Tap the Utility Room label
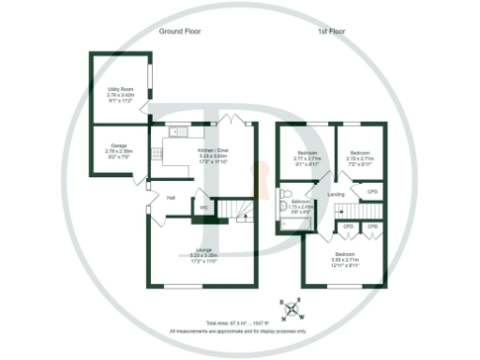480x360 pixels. point(121,92)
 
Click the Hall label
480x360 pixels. point(172,198)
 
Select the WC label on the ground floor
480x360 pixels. point(202,208)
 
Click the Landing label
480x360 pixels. point(336,194)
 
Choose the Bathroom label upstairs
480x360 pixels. point(301,205)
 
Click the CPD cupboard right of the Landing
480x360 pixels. point(372,192)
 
